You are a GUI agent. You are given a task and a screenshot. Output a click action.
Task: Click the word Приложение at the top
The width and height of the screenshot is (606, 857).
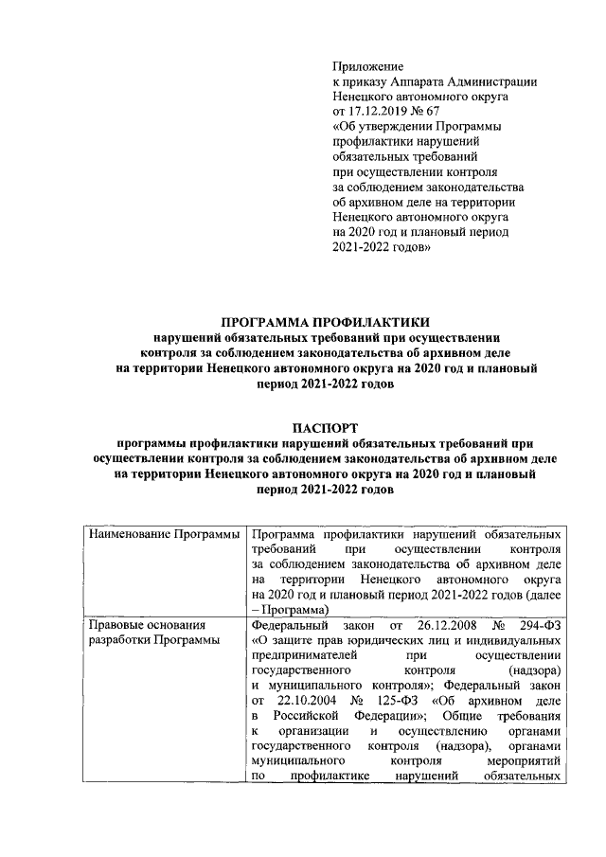point(367,66)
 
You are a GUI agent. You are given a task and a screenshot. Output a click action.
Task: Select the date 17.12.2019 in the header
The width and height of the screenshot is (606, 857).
point(382,112)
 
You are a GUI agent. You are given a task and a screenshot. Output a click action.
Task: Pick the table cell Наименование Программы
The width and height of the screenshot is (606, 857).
point(164,536)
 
